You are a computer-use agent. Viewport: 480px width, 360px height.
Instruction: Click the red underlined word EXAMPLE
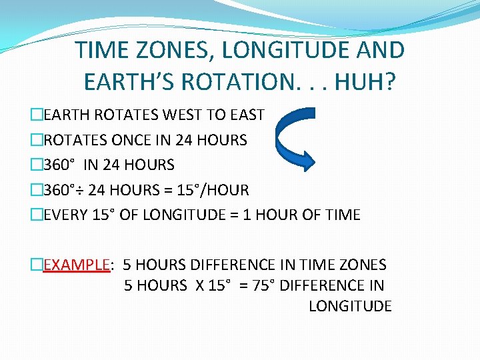pyautogui.click(x=77, y=265)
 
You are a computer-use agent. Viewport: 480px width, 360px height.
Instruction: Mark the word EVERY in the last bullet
pyautogui.click(x=65, y=215)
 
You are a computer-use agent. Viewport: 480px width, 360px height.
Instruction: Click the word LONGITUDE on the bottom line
pyautogui.click(x=349, y=306)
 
